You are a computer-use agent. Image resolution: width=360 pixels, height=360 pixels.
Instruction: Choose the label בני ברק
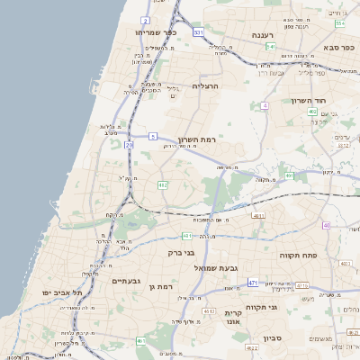pyautogui.click(x=183, y=253)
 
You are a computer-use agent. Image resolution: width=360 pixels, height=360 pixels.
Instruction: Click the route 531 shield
pyautogui.click(x=199, y=32)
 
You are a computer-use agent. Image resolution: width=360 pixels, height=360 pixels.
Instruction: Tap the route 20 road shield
pyautogui.click(x=130, y=144)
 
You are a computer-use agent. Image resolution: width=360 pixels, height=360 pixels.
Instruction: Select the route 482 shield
pyautogui.click(x=163, y=184)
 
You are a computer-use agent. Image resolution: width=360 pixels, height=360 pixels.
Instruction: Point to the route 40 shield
pyautogui.click(x=326, y=225)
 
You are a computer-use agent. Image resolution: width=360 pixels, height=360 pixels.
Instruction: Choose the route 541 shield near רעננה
pyautogui.click(x=270, y=46)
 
